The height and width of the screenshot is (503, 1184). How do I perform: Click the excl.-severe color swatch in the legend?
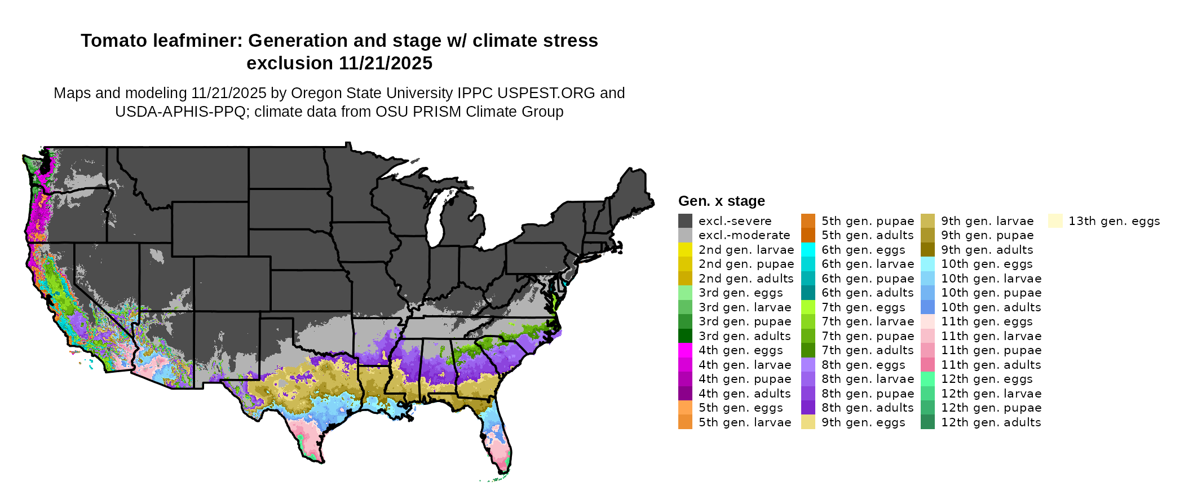click(685, 221)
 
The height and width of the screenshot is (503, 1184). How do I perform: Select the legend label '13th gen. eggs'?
click(1114, 221)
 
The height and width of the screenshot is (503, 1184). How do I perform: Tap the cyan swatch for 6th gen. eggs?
click(808, 250)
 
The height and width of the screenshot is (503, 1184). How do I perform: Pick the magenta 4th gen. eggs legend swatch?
click(685, 350)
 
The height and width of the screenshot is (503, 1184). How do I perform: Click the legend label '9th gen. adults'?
click(987, 250)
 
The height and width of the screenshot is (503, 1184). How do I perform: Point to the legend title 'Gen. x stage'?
click(721, 201)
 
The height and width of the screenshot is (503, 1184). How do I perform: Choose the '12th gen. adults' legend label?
click(991, 422)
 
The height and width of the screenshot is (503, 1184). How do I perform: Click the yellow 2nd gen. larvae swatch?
click(685, 250)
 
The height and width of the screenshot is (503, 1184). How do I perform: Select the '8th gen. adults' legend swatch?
click(808, 408)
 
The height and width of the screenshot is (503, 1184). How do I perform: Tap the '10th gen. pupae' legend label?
click(991, 293)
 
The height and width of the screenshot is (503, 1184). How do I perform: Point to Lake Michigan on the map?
click(435, 220)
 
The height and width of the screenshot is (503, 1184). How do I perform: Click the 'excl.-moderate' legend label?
click(744, 235)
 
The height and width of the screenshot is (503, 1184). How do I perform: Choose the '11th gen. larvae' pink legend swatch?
click(927, 336)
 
